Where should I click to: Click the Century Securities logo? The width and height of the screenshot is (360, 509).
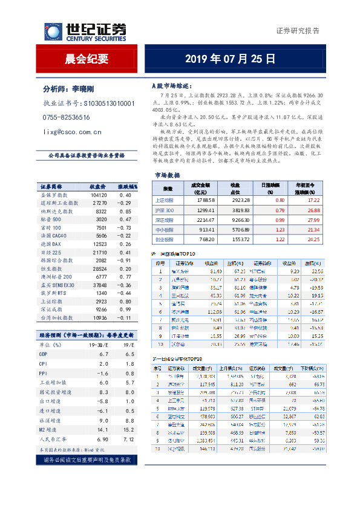coord(85,31)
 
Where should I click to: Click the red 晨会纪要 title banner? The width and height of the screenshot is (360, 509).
coord(86,59)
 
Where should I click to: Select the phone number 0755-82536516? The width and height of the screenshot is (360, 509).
coord(67,117)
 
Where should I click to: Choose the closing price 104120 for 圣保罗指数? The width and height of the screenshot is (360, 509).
coord(99,195)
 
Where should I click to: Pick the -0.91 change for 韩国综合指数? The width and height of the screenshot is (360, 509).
coord(125,259)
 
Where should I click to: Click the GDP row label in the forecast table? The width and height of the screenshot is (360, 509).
coord(44,353)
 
